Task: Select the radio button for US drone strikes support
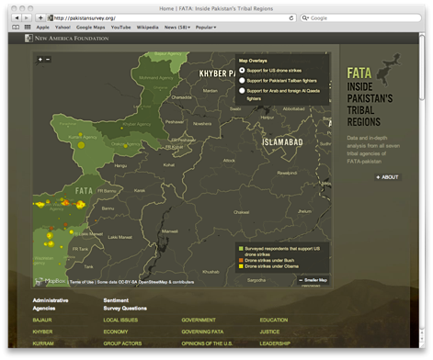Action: (x=242, y=70)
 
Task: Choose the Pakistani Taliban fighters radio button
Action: (x=242, y=80)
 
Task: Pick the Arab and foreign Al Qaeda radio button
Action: (x=242, y=91)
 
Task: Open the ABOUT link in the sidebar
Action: (x=387, y=176)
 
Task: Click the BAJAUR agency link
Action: (x=42, y=320)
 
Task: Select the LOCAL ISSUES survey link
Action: (x=120, y=320)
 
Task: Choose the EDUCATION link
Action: (x=274, y=320)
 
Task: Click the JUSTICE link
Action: (x=269, y=331)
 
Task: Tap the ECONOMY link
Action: (x=116, y=331)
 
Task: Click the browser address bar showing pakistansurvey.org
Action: (x=165, y=17)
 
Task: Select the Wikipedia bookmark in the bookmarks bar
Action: (x=147, y=28)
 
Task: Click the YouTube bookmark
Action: (x=120, y=28)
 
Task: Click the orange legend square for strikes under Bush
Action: (x=240, y=260)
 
